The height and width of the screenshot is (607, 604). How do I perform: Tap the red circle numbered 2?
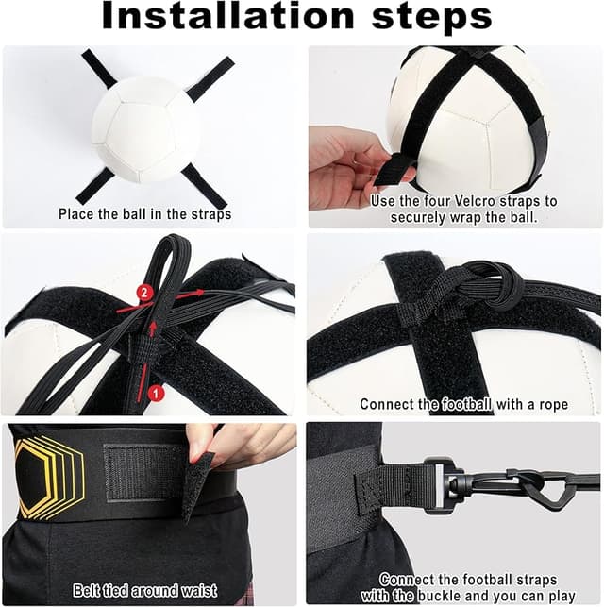[x=144, y=294]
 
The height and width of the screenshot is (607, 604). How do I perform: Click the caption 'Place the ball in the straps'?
[x=144, y=214]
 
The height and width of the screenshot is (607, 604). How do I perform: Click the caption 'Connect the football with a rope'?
[x=463, y=404]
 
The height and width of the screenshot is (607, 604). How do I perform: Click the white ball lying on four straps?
[x=146, y=129]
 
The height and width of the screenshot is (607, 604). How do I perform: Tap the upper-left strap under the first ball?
[x=98, y=68]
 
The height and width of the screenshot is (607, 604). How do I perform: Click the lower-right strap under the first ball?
[x=204, y=185]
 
